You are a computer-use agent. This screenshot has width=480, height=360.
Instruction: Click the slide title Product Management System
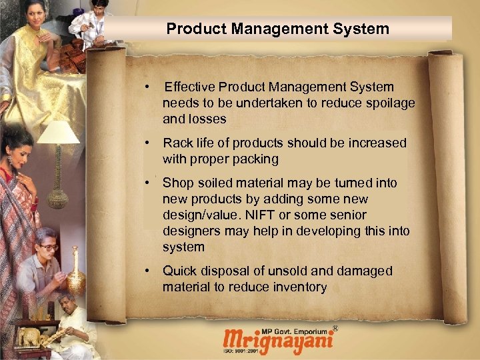277,29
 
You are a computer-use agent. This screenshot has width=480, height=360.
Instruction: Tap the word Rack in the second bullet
178,143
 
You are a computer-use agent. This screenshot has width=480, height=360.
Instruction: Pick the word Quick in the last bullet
179,271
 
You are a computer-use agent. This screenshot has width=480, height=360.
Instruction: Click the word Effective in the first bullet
191,87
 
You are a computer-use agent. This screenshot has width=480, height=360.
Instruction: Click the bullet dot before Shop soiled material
153,183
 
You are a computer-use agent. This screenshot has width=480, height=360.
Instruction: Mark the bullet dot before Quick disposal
153,271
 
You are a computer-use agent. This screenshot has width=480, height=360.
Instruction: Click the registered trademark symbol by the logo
335,329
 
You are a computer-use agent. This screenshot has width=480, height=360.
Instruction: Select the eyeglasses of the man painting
49,247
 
